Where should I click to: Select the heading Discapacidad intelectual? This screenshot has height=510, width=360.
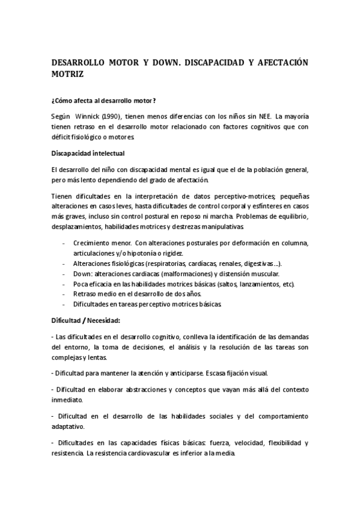pos(88,153)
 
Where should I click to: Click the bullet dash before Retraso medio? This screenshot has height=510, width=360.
pos(64,293)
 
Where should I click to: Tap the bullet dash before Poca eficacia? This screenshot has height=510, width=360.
pos(64,283)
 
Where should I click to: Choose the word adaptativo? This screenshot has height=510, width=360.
pos(68,426)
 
